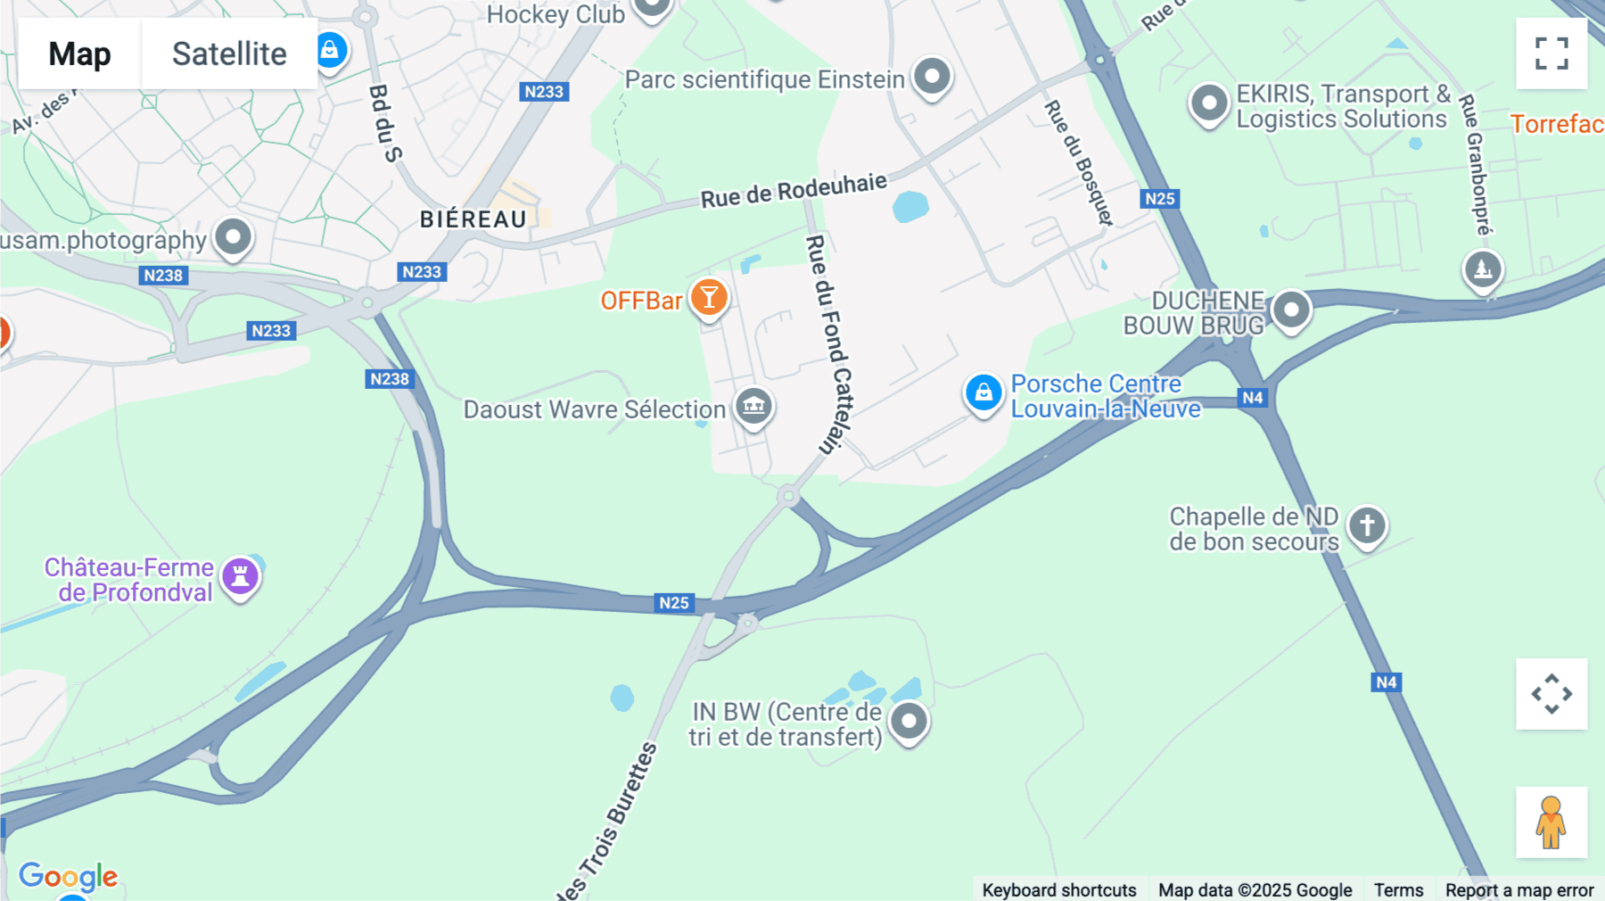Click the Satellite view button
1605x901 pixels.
pos(229,54)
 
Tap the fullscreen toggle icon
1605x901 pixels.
pos(1551,54)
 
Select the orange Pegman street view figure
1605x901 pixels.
pos(1551,822)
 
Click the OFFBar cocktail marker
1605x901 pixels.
pos(709,298)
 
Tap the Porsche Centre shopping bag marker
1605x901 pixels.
pos(984,393)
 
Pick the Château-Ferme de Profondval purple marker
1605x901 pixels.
pos(240,576)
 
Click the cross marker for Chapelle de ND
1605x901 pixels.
pos(1367,525)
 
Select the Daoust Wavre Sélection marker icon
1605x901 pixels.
pos(753,407)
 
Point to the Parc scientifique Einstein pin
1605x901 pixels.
pos(932,77)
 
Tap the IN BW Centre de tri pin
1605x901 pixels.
pos(909,720)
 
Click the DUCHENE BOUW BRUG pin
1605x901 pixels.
pos(1290,310)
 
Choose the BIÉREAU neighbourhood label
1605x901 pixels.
pos(473,219)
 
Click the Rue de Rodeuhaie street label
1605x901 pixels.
pos(794,190)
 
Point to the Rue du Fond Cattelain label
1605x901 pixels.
pos(830,343)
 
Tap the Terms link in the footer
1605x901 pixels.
pos(1398,889)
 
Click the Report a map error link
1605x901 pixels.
pos(1519,889)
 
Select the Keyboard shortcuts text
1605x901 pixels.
pos(1058,889)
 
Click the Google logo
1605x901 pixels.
pos(68,876)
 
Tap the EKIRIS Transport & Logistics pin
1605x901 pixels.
pos(1209,103)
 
